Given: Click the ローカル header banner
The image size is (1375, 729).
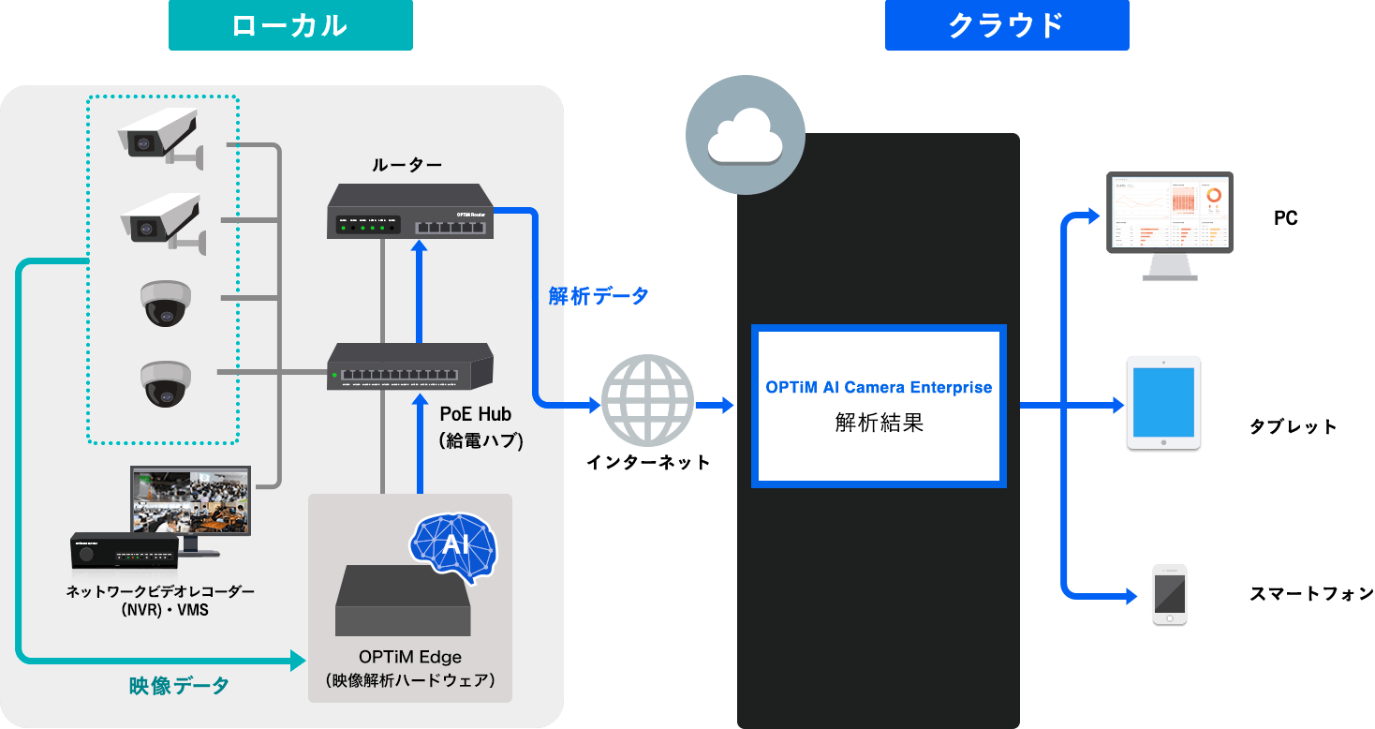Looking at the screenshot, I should [x=290, y=25].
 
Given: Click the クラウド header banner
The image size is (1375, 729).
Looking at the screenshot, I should [x=1007, y=25].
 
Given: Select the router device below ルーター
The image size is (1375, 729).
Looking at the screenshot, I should [x=410, y=211].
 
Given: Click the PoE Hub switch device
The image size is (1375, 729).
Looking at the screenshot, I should [x=410, y=366].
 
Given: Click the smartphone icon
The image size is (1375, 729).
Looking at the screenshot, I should [x=1169, y=594].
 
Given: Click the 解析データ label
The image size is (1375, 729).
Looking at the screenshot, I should [x=598, y=296].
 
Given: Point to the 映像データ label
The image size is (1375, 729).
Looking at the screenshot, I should [x=179, y=686].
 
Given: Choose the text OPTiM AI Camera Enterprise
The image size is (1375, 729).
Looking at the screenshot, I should [x=879, y=387].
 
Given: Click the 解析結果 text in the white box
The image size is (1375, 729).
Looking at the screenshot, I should [x=879, y=423].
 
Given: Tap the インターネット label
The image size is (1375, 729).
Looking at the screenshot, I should [x=647, y=462].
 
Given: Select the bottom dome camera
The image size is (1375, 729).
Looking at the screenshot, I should [x=166, y=383].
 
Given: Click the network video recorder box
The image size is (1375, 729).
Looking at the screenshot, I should [x=124, y=552].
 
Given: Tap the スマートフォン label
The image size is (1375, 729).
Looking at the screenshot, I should [x=1310, y=594].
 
